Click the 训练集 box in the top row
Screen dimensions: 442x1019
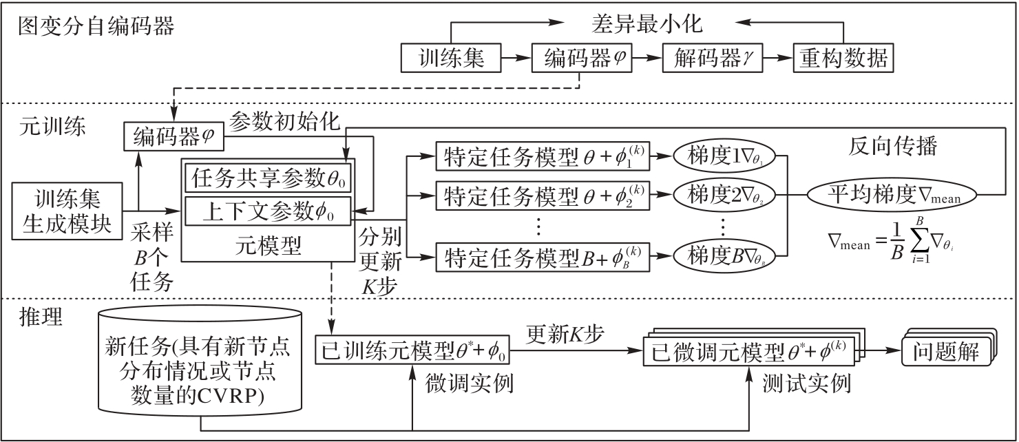pos(451,59)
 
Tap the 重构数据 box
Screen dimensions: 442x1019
pos(843,59)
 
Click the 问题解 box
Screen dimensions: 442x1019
pos(945,351)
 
